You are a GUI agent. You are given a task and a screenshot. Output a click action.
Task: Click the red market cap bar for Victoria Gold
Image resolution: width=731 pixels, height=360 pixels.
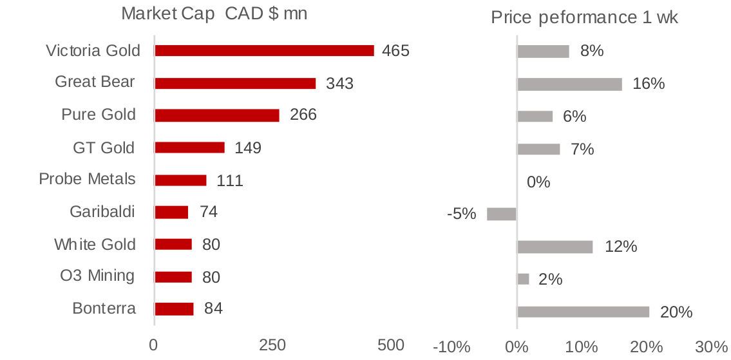pos(264,51)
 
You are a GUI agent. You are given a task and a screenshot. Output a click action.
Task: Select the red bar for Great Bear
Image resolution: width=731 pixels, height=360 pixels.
pos(235,83)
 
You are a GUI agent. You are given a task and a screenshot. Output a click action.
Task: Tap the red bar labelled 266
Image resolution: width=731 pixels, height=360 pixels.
pos(217,115)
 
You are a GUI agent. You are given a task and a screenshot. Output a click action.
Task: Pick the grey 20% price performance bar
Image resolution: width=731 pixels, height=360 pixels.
pos(583,312)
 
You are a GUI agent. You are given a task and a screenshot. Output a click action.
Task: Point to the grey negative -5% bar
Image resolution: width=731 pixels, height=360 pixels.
pos(501,214)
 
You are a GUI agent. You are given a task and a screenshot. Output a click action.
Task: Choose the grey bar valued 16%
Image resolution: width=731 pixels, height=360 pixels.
pos(569,84)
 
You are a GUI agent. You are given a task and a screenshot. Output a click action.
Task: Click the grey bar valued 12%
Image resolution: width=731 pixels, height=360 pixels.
pos(555,247)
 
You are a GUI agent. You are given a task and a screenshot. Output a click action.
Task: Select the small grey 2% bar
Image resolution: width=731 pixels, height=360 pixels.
pos(523,279)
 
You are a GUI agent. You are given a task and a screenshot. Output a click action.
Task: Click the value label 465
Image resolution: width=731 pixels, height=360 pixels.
pos(395,51)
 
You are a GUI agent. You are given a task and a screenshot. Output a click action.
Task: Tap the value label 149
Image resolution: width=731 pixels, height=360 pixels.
pos(248,148)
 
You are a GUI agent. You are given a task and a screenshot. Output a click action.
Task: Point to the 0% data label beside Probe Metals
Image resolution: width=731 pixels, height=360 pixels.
pos(538,182)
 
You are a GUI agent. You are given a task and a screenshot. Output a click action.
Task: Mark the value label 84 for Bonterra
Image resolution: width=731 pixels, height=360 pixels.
pos(213,308)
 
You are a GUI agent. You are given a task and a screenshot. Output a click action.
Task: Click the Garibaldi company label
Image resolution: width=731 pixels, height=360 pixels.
pos(102,211)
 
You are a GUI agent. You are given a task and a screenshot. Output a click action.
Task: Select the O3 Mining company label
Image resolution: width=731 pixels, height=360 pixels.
pos(97,276)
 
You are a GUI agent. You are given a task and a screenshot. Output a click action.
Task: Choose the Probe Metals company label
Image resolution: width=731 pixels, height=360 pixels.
pos(87,178)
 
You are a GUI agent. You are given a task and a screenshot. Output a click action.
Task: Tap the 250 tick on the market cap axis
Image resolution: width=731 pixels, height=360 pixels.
pos(272,346)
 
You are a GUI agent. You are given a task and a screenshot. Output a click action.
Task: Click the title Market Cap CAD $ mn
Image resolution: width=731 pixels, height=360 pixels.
pos(214,14)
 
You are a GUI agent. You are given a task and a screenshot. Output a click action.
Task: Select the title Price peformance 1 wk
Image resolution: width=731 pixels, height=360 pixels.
pos(584,17)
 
